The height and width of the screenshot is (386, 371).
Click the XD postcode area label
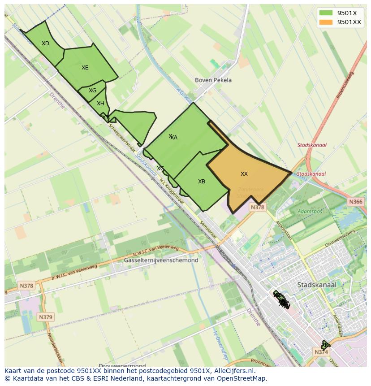pos(45,43)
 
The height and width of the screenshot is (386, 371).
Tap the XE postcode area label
pos(85,68)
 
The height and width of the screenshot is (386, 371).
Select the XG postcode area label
pos(92,91)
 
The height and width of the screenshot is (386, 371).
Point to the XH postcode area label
pos(100,104)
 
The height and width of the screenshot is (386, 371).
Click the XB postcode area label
pos(202,182)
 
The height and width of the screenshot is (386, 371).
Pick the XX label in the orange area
pos(244,174)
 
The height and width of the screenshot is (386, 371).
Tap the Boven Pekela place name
pos(213,80)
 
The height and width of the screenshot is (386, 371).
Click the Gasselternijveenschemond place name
pos(161,260)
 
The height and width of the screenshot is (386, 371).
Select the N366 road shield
pos(355,202)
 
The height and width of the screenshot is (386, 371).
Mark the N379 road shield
pos(45,317)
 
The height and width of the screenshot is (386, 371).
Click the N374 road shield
pos(321,352)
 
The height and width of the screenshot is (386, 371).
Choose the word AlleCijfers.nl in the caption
pos(233,371)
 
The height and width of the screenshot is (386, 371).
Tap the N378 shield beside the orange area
pos(258,207)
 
